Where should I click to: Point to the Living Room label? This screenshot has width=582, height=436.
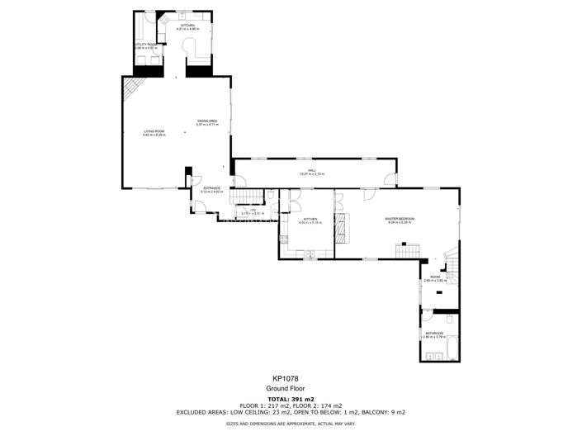coord(154,132)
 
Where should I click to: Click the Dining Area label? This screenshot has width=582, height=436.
coord(206,123)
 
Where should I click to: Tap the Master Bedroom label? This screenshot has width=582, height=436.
coord(399,220)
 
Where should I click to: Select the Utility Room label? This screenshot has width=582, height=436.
coord(145,46)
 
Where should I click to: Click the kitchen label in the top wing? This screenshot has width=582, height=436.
coord(188,27)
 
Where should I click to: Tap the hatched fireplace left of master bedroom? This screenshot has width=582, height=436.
coord(343,225)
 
